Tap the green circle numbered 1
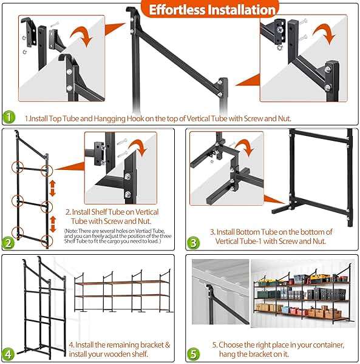tap(8, 117)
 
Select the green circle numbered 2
tap(8, 243)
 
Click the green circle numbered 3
tap(194, 243)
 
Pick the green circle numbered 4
tap(8, 354)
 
